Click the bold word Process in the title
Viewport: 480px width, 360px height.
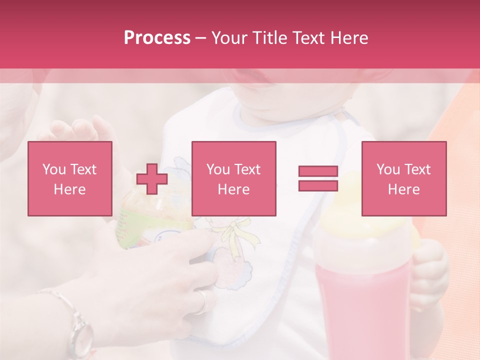pyautogui.click(x=157, y=38)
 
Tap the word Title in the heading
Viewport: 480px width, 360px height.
pyautogui.click(x=269, y=38)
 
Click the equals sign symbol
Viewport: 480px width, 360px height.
pyautogui.click(x=318, y=178)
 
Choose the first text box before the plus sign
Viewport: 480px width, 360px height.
pyautogui.click(x=70, y=178)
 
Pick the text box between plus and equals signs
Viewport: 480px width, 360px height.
pyautogui.click(x=233, y=178)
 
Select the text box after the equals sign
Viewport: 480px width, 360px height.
pyautogui.click(x=403, y=178)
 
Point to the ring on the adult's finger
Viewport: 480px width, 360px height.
pyautogui.click(x=203, y=301)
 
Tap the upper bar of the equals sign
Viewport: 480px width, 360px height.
pyautogui.click(x=318, y=171)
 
